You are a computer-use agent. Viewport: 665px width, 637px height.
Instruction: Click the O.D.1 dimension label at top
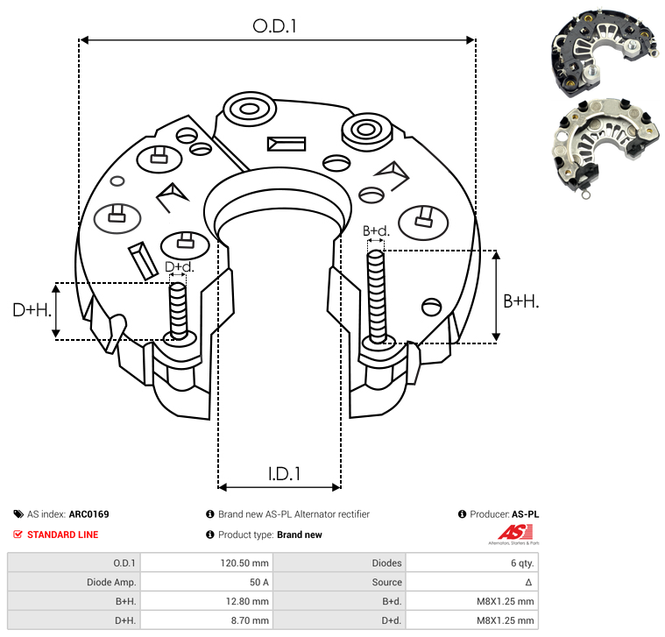(x=274, y=26)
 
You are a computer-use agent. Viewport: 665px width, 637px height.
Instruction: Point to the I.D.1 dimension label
(x=284, y=474)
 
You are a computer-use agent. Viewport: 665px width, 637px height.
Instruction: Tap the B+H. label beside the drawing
(x=520, y=301)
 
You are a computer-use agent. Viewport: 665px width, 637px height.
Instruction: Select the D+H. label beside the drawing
(x=32, y=310)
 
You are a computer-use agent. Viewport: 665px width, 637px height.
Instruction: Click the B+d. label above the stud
(x=376, y=230)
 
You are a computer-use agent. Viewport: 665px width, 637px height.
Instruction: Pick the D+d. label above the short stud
(x=180, y=266)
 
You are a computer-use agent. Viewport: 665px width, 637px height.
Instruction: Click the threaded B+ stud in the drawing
(x=376, y=296)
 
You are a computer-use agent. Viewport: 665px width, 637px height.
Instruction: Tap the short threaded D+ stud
(x=178, y=311)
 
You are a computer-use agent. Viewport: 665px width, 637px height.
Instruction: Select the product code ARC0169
(x=88, y=514)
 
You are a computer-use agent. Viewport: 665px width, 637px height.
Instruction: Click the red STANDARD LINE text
(x=63, y=534)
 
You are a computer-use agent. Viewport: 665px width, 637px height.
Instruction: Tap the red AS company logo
(x=514, y=533)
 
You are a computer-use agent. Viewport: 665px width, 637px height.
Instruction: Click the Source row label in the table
(x=386, y=582)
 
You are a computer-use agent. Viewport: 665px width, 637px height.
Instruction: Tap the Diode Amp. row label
(x=111, y=582)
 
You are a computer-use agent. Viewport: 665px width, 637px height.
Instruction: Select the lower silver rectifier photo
(x=606, y=146)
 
